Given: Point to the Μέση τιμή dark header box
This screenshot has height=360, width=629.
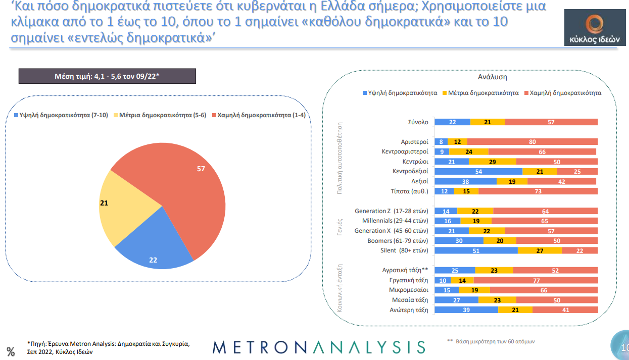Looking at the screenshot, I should pyautogui.click(x=107, y=76).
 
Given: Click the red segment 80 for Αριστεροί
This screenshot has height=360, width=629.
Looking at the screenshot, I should pyautogui.click(x=533, y=142).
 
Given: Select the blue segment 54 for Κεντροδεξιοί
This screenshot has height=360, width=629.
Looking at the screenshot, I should pyautogui.click(x=478, y=171).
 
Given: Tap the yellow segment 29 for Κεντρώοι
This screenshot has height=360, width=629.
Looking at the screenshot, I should pyautogui.click(x=492, y=162).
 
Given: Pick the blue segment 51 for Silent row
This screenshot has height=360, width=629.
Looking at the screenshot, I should pyautogui.click(x=476, y=250).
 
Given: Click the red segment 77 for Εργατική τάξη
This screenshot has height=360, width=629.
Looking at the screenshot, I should pyautogui.click(x=536, y=280).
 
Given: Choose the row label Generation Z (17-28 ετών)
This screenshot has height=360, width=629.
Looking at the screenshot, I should pyautogui.click(x=392, y=211).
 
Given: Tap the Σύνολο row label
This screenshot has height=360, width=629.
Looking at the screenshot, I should pyautogui.click(x=418, y=122).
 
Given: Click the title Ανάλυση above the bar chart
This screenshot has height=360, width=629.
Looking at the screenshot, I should pyautogui.click(x=492, y=77).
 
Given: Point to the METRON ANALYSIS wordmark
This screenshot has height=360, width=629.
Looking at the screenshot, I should pyautogui.click(x=319, y=347).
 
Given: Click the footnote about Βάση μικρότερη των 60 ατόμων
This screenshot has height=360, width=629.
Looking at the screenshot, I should pyautogui.click(x=491, y=342).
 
